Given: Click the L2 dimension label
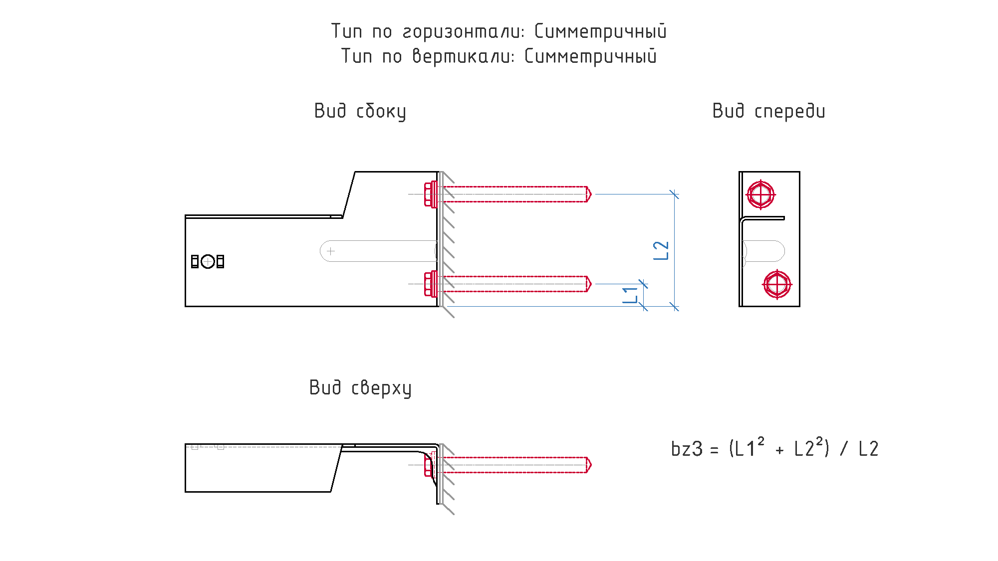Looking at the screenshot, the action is coord(661,250).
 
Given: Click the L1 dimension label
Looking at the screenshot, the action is coord(630,295).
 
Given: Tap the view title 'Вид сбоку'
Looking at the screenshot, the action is coord(360,111).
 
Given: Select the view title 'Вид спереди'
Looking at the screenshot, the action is coord(768,111).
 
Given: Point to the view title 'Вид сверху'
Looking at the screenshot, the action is coord(360,388).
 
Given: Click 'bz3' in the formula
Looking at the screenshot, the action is coord(687,449).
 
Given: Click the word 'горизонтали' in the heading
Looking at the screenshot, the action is coord(464,32).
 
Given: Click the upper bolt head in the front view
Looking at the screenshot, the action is coord(760,194).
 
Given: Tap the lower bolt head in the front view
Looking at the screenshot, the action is coord(777,284).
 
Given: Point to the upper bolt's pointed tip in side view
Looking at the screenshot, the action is coord(591,194).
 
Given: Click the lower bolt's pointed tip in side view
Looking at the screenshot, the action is coord(591,284).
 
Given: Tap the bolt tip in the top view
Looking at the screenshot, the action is coord(591,465).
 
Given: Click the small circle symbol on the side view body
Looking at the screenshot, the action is coord(208,261).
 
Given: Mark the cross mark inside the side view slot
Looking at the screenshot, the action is coord(330,251).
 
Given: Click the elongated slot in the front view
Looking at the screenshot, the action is coord(763,251).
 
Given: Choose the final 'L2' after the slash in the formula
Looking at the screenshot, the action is coord(868,449).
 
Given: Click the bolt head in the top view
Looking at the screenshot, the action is coord(428,465).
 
